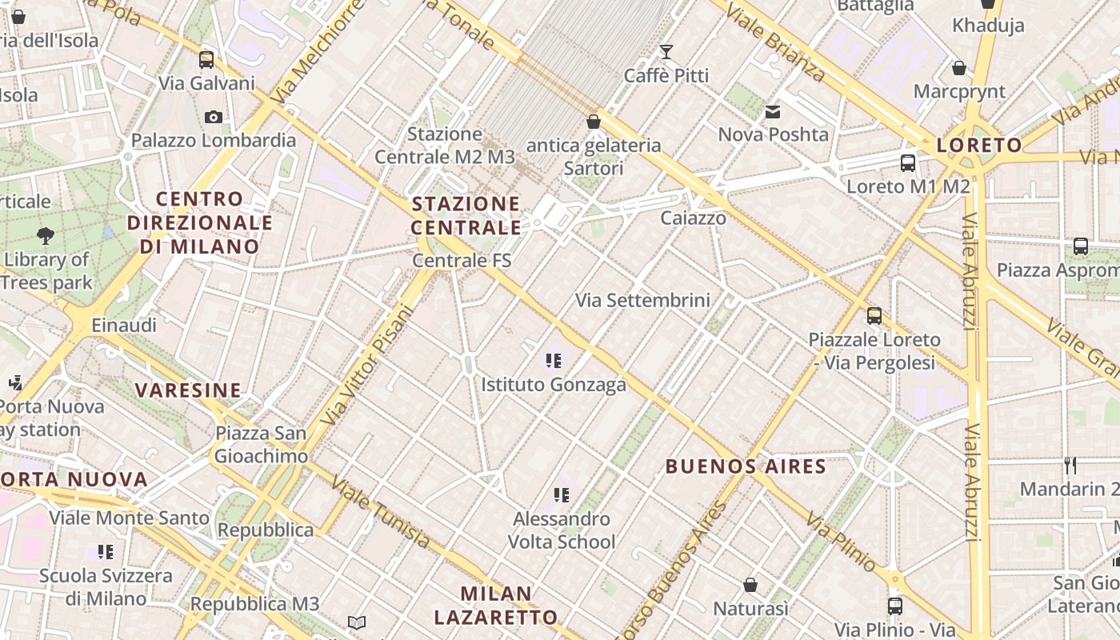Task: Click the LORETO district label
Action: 979,146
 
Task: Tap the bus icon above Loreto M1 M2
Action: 908,163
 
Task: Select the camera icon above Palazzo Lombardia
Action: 213,118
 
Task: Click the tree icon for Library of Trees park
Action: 46,235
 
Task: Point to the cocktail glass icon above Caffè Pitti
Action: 666,52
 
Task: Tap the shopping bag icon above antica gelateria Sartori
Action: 594,122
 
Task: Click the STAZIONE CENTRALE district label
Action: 466,215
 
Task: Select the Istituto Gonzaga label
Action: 554,385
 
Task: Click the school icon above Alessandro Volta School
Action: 562,495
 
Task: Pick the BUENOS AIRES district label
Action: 746,466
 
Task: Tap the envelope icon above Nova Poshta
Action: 773,112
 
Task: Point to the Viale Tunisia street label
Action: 380,513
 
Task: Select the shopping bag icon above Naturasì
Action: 750,585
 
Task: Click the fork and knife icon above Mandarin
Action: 1070,465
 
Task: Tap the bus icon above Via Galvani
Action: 206,59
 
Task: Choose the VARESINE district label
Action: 188,390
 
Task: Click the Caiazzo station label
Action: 693,218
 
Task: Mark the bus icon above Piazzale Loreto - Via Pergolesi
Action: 874,316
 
